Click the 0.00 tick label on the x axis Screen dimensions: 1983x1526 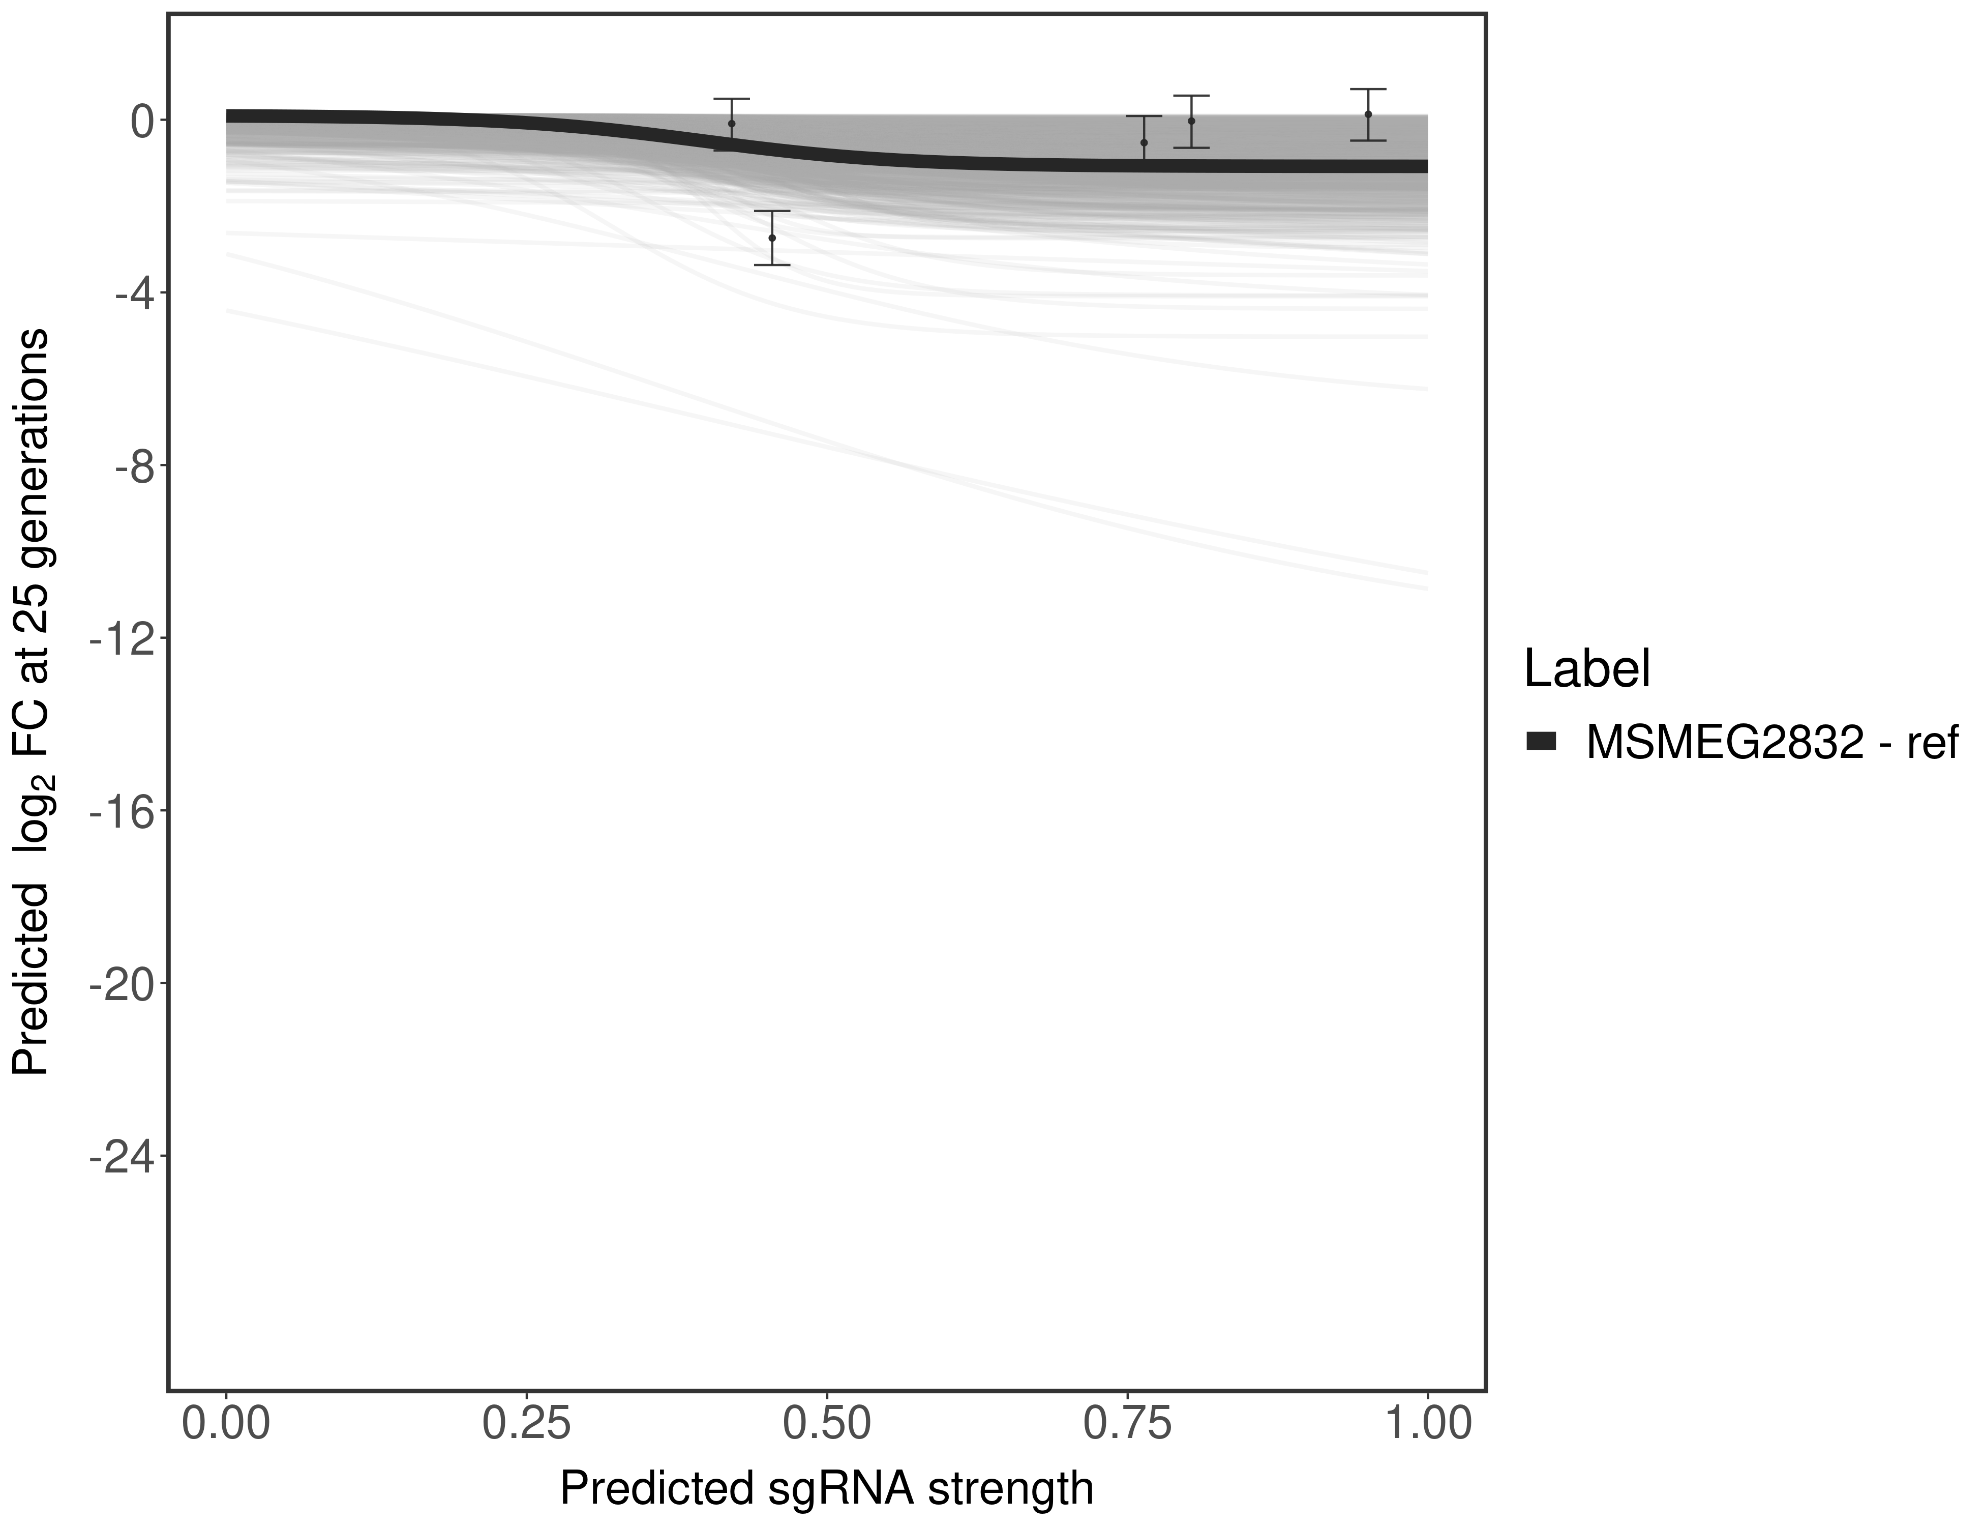point(226,1423)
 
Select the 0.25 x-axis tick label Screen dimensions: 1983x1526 point(527,1423)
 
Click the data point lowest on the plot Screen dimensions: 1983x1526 point(772,238)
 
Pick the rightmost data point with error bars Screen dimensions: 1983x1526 point(1367,114)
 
